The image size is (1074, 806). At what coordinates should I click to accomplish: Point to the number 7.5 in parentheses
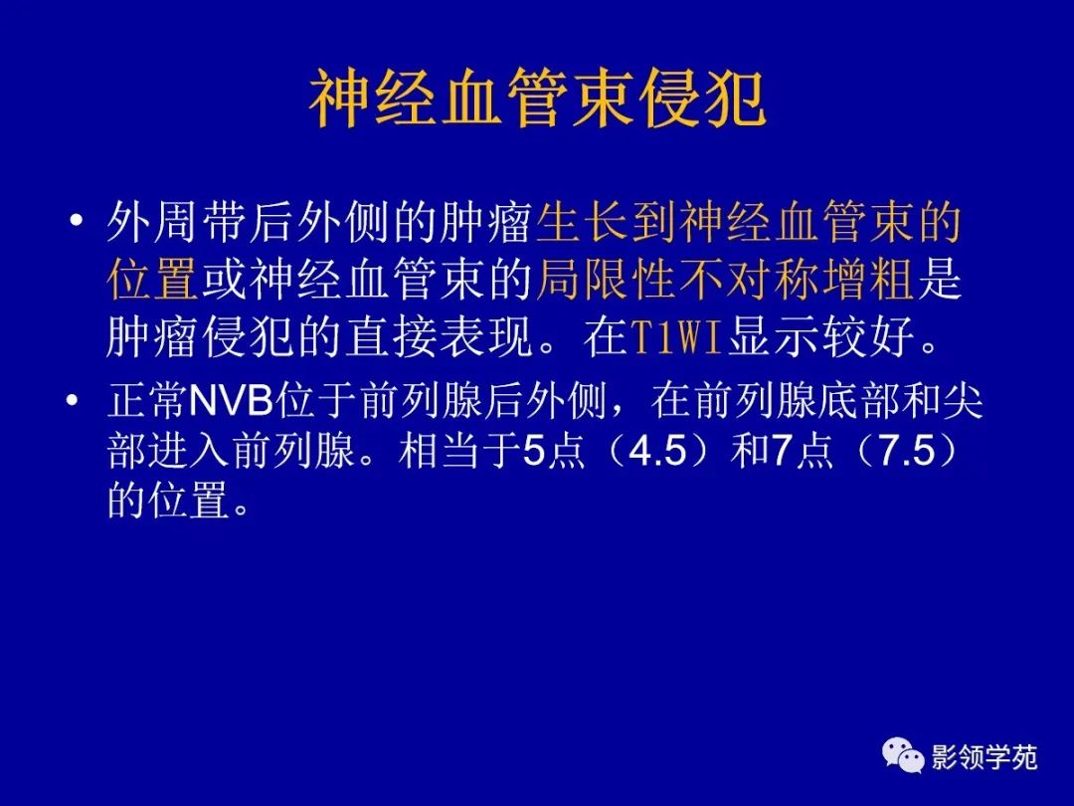[903, 453]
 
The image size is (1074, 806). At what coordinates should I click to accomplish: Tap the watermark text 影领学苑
[984, 758]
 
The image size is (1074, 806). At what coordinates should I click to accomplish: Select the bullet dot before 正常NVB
[72, 402]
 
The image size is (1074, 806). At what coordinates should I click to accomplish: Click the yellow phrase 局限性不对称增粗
[725, 282]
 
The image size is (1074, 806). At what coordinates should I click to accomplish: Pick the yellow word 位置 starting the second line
[153, 282]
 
